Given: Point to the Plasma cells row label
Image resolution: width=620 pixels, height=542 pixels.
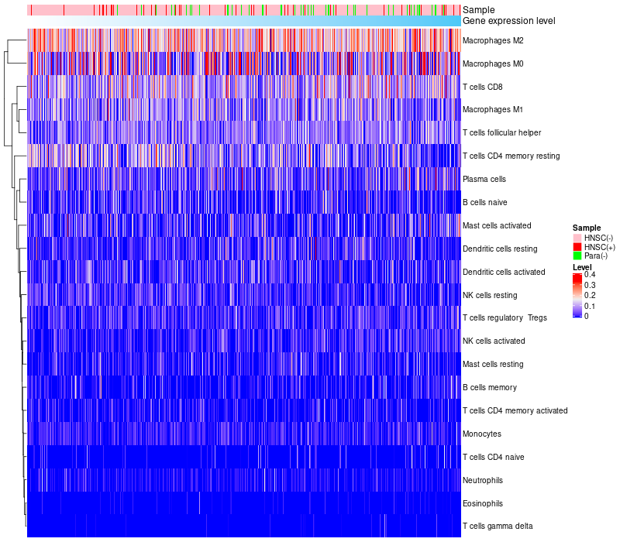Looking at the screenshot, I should (484, 179).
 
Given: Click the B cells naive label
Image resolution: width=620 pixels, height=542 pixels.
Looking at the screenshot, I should (484, 202).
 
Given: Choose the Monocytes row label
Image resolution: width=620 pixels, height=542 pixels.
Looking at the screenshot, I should (481, 434).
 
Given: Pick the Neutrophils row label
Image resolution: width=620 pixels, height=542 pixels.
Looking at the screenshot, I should (483, 480).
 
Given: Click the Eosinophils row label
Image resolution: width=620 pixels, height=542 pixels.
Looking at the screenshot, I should (483, 503).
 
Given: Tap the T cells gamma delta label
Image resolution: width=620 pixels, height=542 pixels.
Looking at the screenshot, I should (498, 527).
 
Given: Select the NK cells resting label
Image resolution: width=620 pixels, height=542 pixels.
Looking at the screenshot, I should (489, 295).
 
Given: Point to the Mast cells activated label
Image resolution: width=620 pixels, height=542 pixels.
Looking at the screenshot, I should (497, 225).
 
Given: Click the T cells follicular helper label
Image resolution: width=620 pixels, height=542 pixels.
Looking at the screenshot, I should (501, 132).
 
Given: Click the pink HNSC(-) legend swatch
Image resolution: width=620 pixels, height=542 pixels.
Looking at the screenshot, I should (577, 238).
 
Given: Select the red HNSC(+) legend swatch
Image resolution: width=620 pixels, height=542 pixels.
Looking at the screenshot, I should (577, 247).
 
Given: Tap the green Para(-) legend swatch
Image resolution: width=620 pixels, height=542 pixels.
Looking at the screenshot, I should (577, 256).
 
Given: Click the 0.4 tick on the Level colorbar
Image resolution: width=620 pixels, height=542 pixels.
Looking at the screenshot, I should (590, 275).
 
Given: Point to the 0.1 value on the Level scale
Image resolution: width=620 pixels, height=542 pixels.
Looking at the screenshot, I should (590, 306).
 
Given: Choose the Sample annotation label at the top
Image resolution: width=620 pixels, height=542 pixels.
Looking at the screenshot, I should (478, 10).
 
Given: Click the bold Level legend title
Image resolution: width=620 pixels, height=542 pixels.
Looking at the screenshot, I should (582, 267).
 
